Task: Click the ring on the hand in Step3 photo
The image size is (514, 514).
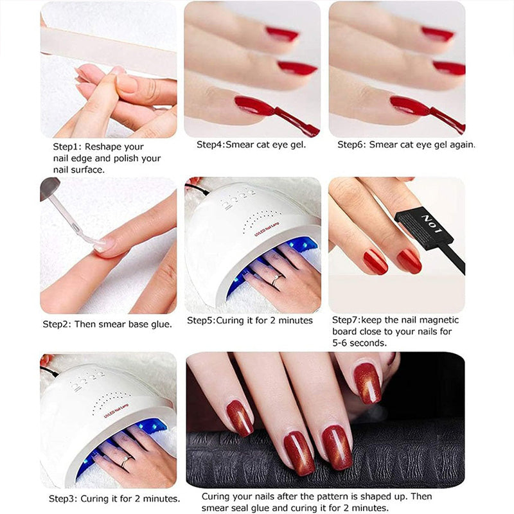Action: point(125,461)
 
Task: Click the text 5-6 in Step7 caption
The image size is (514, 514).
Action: point(339,343)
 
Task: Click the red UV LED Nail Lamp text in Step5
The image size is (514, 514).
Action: point(267,229)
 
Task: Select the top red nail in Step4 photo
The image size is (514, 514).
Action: point(282,34)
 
